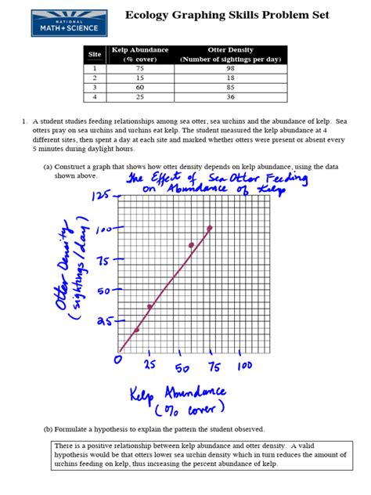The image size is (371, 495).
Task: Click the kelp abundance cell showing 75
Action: click(x=140, y=68)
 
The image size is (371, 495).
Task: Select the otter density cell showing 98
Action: click(x=231, y=68)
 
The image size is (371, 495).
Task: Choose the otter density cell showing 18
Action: click(x=231, y=78)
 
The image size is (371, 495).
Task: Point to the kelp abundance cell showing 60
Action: click(x=140, y=87)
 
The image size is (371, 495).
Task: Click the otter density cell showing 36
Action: click(x=231, y=96)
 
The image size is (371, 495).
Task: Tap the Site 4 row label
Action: click(x=95, y=96)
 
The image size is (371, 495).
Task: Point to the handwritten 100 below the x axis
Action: click(x=244, y=365)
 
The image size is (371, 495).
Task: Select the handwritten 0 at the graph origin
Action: click(x=118, y=360)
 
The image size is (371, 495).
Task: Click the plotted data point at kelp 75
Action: click(x=209, y=228)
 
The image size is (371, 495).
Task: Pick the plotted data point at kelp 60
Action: click(x=190, y=246)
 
